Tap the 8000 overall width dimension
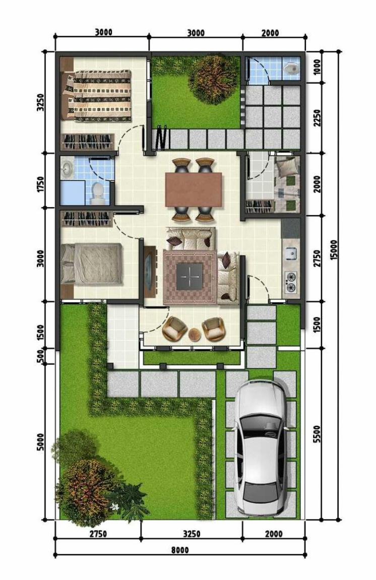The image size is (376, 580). click(x=180, y=550)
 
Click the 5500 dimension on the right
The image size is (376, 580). click(x=317, y=434)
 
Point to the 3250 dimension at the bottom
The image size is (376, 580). click(x=192, y=534)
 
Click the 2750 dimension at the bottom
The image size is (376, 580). click(x=98, y=534)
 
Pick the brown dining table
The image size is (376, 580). click(x=194, y=189)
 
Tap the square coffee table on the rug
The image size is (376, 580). click(x=190, y=276)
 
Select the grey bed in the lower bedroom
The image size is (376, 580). click(x=92, y=264)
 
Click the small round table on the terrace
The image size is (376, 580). click(x=194, y=335)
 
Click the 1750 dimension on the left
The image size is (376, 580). click(x=40, y=184)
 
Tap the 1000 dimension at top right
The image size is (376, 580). click(x=317, y=67)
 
